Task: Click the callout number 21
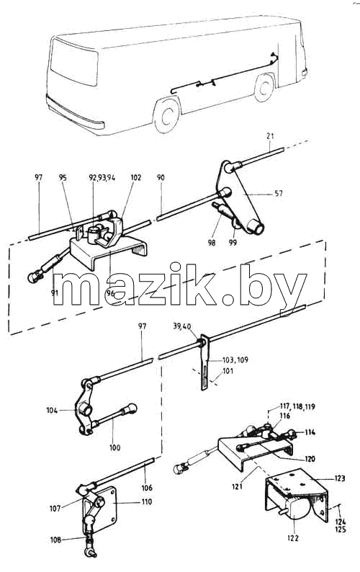coord(270,135)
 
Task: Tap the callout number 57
coord(279,193)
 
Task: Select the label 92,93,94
coord(102,178)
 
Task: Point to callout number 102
coord(135,178)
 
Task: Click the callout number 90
coord(161,178)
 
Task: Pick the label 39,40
coord(181,326)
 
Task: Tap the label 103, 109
coord(235,360)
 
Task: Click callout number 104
coord(52,410)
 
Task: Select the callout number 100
coord(114,447)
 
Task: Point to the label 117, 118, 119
coord(297,406)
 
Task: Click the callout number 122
coord(293,537)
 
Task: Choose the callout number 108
coord(56,540)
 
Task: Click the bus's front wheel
coord(167,115)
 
